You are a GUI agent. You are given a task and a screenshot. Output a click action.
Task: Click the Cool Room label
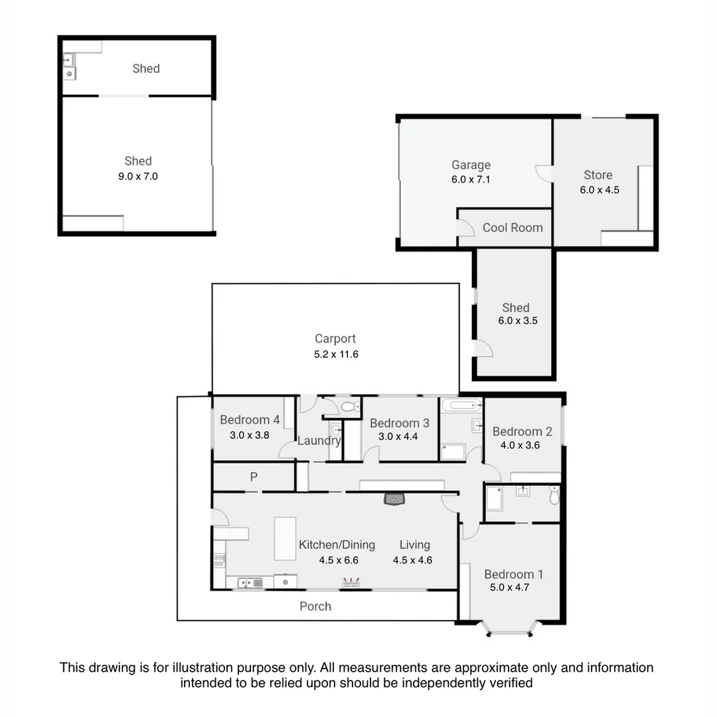click(512, 228)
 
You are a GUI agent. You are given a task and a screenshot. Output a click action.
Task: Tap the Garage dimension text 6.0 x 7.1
click(471, 179)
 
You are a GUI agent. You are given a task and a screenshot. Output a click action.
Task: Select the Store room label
click(597, 175)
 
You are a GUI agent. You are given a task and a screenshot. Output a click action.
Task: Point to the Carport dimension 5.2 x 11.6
click(336, 355)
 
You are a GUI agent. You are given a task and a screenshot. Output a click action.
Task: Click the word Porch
click(315, 606)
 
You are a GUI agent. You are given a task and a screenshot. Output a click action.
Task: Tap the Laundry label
click(319, 441)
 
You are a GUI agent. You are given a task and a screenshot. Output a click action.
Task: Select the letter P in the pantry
click(253, 477)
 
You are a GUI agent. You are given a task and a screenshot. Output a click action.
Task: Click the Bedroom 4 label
click(250, 420)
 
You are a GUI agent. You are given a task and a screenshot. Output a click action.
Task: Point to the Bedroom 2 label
click(522, 432)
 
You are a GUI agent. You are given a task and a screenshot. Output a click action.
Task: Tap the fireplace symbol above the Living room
click(394, 499)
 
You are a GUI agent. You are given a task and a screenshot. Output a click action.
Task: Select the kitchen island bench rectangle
click(285, 538)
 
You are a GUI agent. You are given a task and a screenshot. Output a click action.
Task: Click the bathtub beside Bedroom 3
click(461, 404)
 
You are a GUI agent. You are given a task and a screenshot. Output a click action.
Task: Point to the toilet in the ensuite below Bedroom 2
click(554, 495)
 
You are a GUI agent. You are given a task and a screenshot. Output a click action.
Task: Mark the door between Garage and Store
click(544, 173)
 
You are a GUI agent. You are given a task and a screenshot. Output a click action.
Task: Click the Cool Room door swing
click(465, 227)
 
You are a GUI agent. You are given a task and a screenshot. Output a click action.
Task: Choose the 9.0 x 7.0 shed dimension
click(137, 177)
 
